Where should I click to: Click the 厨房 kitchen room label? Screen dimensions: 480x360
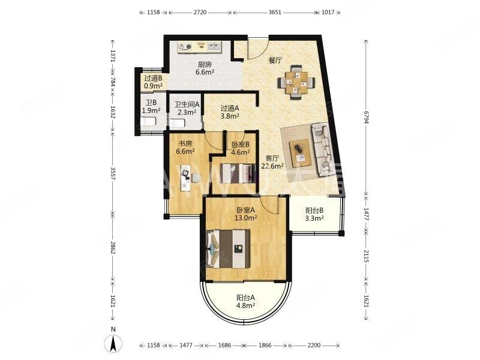(x=205, y=65)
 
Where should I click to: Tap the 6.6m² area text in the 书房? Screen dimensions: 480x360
(x=186, y=151)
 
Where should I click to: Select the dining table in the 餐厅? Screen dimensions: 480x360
(x=296, y=82)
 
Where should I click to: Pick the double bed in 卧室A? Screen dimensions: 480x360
(x=228, y=248)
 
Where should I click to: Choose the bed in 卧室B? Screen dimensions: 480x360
(x=238, y=173)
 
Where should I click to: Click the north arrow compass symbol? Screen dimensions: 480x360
(x=113, y=342)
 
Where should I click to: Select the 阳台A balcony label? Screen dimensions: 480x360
(x=245, y=297)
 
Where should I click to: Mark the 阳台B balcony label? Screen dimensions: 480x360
(x=314, y=211)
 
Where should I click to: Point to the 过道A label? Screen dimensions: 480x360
(x=230, y=108)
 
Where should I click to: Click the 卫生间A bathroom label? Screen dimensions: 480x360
(x=187, y=104)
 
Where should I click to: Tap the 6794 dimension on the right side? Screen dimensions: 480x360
(x=366, y=117)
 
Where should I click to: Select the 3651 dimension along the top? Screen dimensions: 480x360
(x=275, y=13)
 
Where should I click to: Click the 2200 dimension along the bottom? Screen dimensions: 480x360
(x=314, y=346)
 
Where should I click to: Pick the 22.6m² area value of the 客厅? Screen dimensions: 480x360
(x=272, y=166)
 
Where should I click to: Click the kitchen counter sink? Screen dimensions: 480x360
(x=214, y=47)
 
